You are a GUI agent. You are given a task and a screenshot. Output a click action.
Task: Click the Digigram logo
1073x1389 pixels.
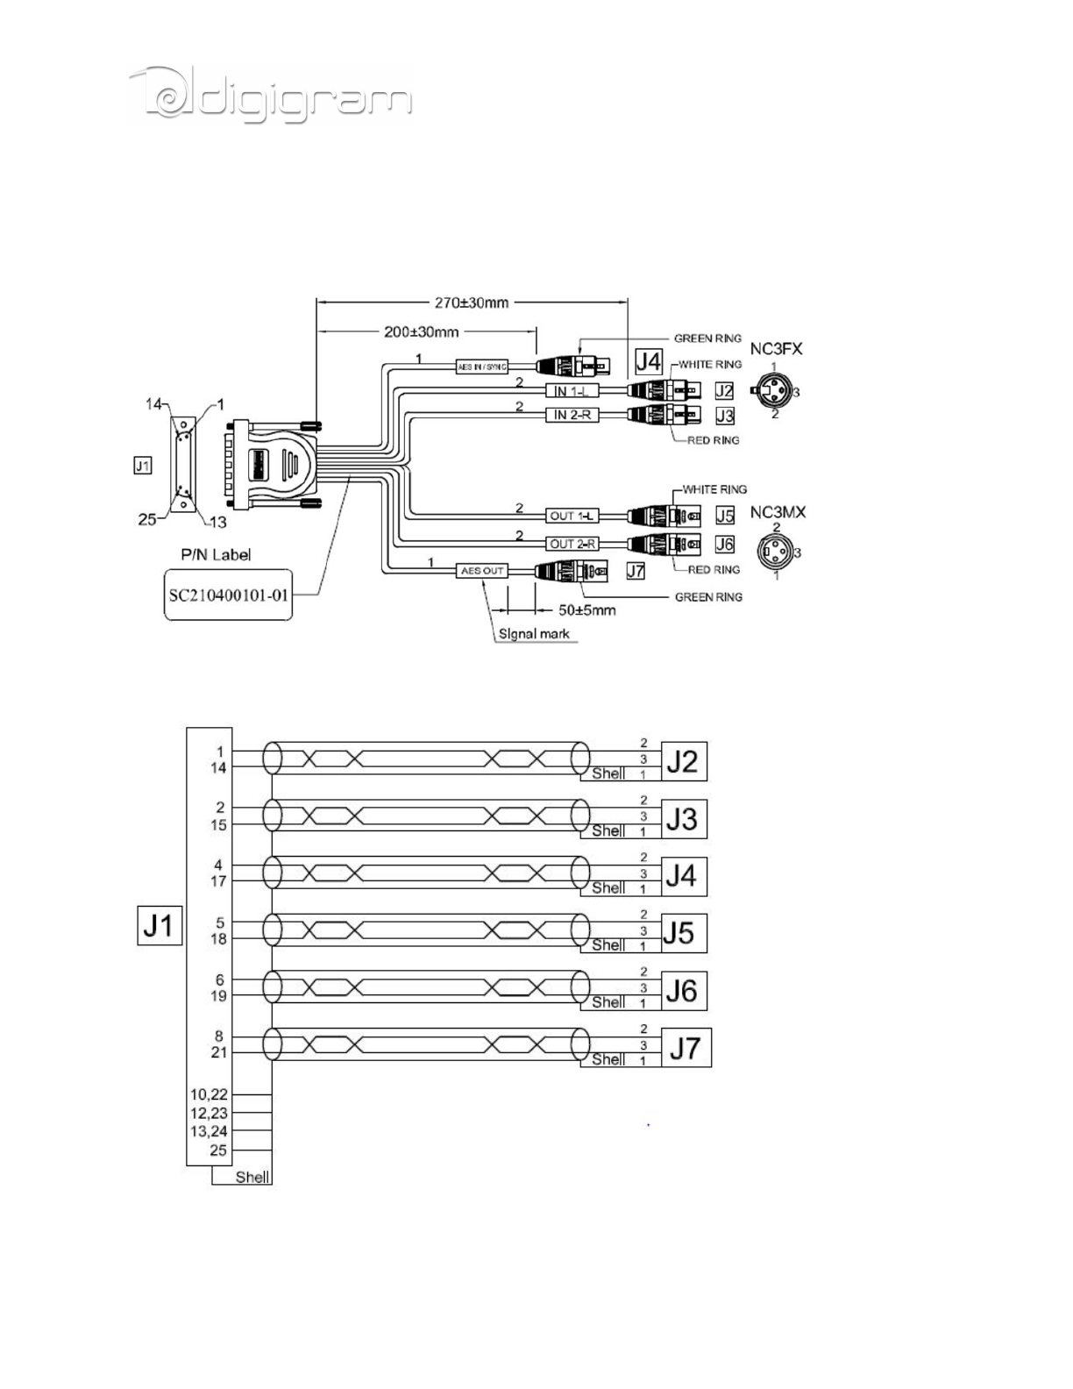(x=270, y=95)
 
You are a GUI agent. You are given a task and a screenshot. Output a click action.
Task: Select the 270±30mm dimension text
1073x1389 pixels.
(x=471, y=303)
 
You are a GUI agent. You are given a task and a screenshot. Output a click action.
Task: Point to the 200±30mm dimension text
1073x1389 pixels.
(x=422, y=333)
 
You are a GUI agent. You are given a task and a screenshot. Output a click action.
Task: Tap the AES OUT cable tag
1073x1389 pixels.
(x=482, y=571)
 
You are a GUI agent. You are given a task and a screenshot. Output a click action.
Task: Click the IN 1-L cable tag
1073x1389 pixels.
(x=571, y=391)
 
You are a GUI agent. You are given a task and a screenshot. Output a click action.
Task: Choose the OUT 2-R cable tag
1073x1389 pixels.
(x=573, y=544)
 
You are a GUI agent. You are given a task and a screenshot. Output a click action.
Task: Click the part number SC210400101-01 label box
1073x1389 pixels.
(x=228, y=595)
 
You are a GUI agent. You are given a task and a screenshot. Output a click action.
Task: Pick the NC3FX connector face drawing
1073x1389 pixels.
(x=774, y=391)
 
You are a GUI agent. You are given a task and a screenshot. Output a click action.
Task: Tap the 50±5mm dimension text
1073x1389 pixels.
(x=586, y=609)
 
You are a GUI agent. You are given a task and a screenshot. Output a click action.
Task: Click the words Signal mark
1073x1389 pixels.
(x=534, y=633)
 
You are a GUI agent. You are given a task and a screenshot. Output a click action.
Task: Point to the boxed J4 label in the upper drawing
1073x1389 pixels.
(x=648, y=361)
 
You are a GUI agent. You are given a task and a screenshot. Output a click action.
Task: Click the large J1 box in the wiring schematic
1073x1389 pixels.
(x=160, y=925)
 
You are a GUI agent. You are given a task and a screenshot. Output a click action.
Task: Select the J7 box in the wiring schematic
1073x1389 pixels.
(x=686, y=1047)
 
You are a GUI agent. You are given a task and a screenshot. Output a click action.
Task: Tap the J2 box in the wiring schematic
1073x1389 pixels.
(x=683, y=761)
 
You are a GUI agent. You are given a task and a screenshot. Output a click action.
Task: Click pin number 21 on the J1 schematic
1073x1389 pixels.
(x=218, y=1052)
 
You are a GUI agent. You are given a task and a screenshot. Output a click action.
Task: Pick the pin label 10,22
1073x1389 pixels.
(x=209, y=1094)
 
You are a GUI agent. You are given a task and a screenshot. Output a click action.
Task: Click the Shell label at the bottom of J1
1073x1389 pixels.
(x=252, y=1177)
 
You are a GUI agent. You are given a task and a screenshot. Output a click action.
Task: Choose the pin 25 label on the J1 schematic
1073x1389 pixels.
(x=217, y=1150)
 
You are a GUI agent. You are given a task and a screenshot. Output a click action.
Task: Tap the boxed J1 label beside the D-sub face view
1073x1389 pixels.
(x=142, y=466)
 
